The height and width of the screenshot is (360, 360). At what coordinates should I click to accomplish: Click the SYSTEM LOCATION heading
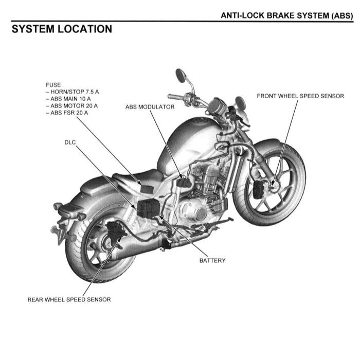point(62,29)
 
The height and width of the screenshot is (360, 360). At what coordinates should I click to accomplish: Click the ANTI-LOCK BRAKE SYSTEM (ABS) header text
point(286,15)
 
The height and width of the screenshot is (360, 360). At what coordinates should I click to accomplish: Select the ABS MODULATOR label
point(150,107)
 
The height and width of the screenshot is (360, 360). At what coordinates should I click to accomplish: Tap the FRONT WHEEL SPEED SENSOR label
point(300,96)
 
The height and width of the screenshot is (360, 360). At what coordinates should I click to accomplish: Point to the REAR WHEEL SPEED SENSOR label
point(69,299)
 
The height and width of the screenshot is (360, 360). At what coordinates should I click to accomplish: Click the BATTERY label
point(212,260)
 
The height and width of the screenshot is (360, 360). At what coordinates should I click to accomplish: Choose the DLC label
point(70,140)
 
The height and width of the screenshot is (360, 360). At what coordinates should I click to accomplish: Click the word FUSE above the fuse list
point(53,85)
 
